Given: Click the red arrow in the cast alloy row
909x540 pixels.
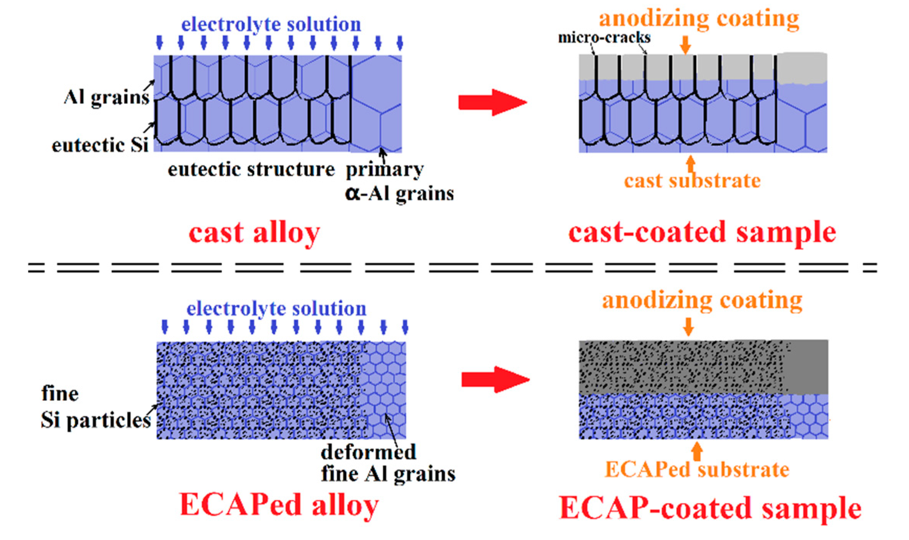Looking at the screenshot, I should pyautogui.click(x=492, y=102).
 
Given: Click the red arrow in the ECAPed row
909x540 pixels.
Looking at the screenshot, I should pyautogui.click(x=495, y=379).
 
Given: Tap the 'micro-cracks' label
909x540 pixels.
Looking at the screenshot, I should pyautogui.click(x=604, y=38).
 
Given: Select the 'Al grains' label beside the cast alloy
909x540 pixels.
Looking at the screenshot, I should pyautogui.click(x=106, y=98).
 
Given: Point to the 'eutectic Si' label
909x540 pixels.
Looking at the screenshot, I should pyautogui.click(x=100, y=145).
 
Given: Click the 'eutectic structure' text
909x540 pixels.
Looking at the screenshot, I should pyautogui.click(x=251, y=169).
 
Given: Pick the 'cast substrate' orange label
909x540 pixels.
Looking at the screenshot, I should pyautogui.click(x=692, y=181).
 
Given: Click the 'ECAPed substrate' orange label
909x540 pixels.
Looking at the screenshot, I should pyautogui.click(x=697, y=470).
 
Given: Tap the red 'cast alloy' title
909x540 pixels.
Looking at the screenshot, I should pyautogui.click(x=254, y=233).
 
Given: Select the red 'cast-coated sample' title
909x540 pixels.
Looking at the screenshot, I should pyautogui.click(x=702, y=232).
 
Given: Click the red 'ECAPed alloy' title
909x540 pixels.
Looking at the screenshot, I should pyautogui.click(x=279, y=505).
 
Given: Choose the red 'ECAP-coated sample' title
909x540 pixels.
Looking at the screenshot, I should pyautogui.click(x=710, y=508).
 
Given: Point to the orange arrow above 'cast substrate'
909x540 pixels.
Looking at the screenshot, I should pyautogui.click(x=691, y=163).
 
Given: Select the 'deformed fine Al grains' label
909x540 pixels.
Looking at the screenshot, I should pyautogui.click(x=387, y=463).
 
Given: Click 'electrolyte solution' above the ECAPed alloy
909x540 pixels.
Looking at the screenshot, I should pyautogui.click(x=276, y=309).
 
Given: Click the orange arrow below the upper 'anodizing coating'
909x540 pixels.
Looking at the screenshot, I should pyautogui.click(x=685, y=45).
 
